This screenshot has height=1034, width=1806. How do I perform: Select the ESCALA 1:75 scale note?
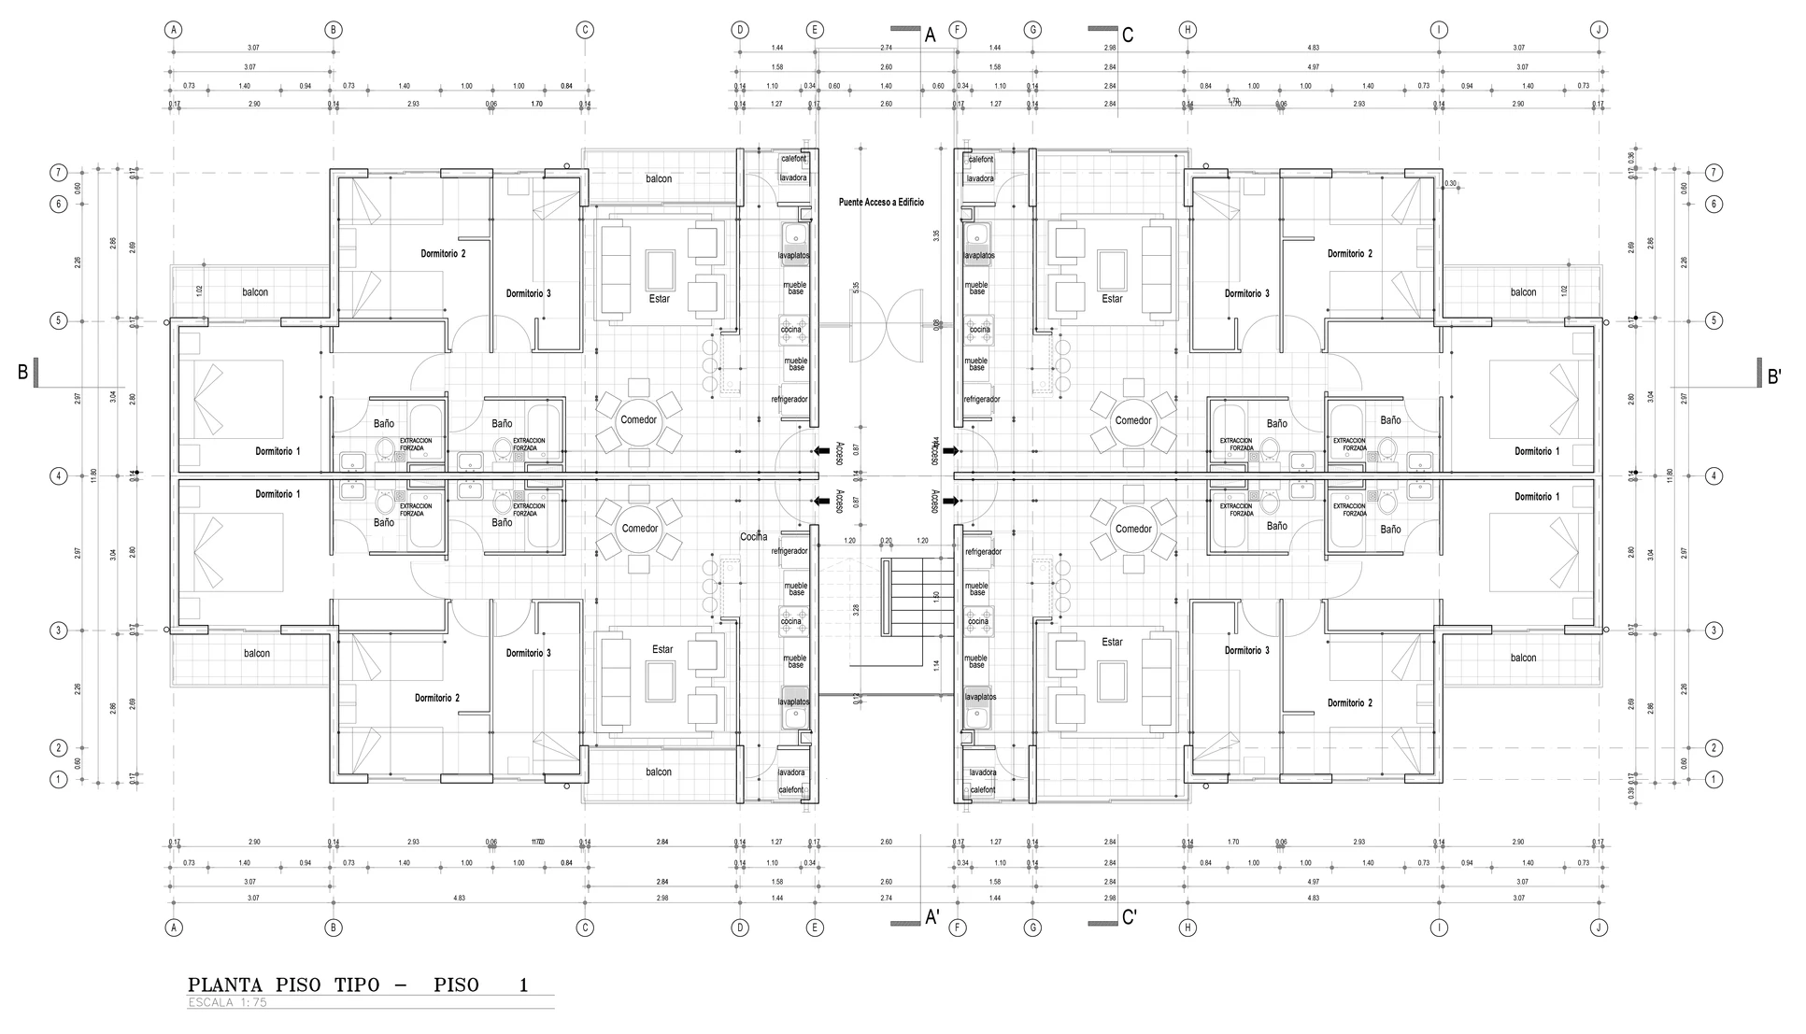coord(227,1003)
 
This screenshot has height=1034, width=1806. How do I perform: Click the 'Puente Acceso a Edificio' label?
coord(881,202)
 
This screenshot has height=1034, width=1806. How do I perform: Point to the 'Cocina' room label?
coord(754,537)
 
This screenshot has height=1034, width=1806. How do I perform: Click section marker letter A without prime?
coord(930,35)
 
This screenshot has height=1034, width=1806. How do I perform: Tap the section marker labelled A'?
coord(932,918)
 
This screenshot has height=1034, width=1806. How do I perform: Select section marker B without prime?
coord(23,372)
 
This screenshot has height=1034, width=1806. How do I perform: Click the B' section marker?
coord(1774,376)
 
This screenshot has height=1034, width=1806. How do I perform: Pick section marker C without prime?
coord(1128,35)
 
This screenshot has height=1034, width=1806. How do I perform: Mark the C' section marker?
coord(1130,918)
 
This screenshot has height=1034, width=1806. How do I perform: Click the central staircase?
coord(906,597)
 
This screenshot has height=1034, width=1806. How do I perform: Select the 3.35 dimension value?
coord(936,235)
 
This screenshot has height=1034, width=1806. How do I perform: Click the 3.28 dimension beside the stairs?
coord(856,609)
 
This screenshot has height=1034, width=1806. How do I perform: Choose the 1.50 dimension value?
coord(936,597)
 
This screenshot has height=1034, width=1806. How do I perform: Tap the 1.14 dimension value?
coord(936,665)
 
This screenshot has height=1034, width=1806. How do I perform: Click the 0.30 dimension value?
coord(1450,184)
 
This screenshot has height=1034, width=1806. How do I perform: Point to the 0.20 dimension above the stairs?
coord(886,541)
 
